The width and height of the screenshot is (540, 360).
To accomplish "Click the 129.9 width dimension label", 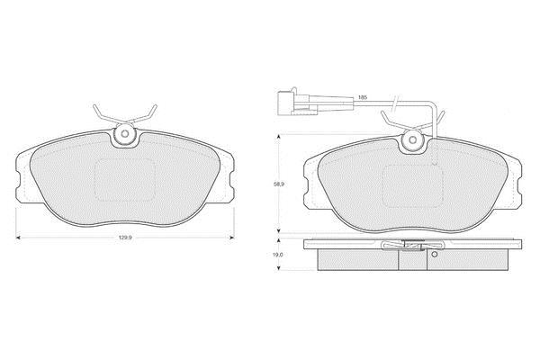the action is point(125,238).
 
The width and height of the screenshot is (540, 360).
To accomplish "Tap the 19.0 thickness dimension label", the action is point(279,255).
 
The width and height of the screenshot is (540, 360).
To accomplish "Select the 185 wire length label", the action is point(363,97).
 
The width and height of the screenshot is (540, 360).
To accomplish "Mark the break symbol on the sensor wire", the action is point(395,103).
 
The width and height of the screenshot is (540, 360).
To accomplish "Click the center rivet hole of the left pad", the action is point(125,133).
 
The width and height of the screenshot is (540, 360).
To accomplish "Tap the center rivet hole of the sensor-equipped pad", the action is point(413,139).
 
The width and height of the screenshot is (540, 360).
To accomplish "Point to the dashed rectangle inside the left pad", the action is point(125,180).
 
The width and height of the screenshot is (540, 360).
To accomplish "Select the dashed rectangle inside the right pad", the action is point(412,186).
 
